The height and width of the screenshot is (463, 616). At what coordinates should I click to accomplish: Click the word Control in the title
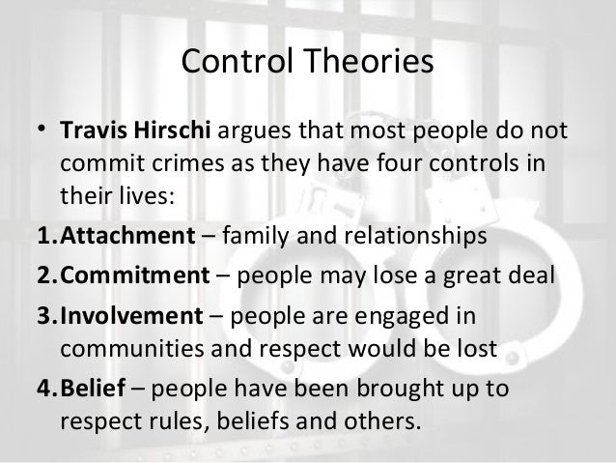click(x=238, y=61)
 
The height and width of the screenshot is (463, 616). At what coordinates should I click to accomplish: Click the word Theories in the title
click(x=369, y=61)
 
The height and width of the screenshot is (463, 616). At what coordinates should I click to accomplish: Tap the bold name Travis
click(x=94, y=130)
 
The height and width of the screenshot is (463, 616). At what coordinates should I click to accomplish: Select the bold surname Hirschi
click(x=172, y=130)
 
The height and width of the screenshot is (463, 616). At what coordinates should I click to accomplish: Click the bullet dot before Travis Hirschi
click(x=42, y=128)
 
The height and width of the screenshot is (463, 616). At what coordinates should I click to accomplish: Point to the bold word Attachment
click(x=127, y=235)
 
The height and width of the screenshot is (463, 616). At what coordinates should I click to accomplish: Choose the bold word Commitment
click(x=135, y=275)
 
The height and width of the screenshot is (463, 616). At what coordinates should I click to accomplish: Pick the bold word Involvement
click(x=131, y=315)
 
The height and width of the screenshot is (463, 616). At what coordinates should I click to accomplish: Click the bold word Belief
click(x=93, y=388)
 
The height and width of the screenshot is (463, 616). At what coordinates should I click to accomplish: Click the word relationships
click(x=415, y=236)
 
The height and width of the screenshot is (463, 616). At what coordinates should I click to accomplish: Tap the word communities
click(x=132, y=349)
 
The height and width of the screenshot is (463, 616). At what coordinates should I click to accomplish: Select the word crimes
click(x=187, y=162)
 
